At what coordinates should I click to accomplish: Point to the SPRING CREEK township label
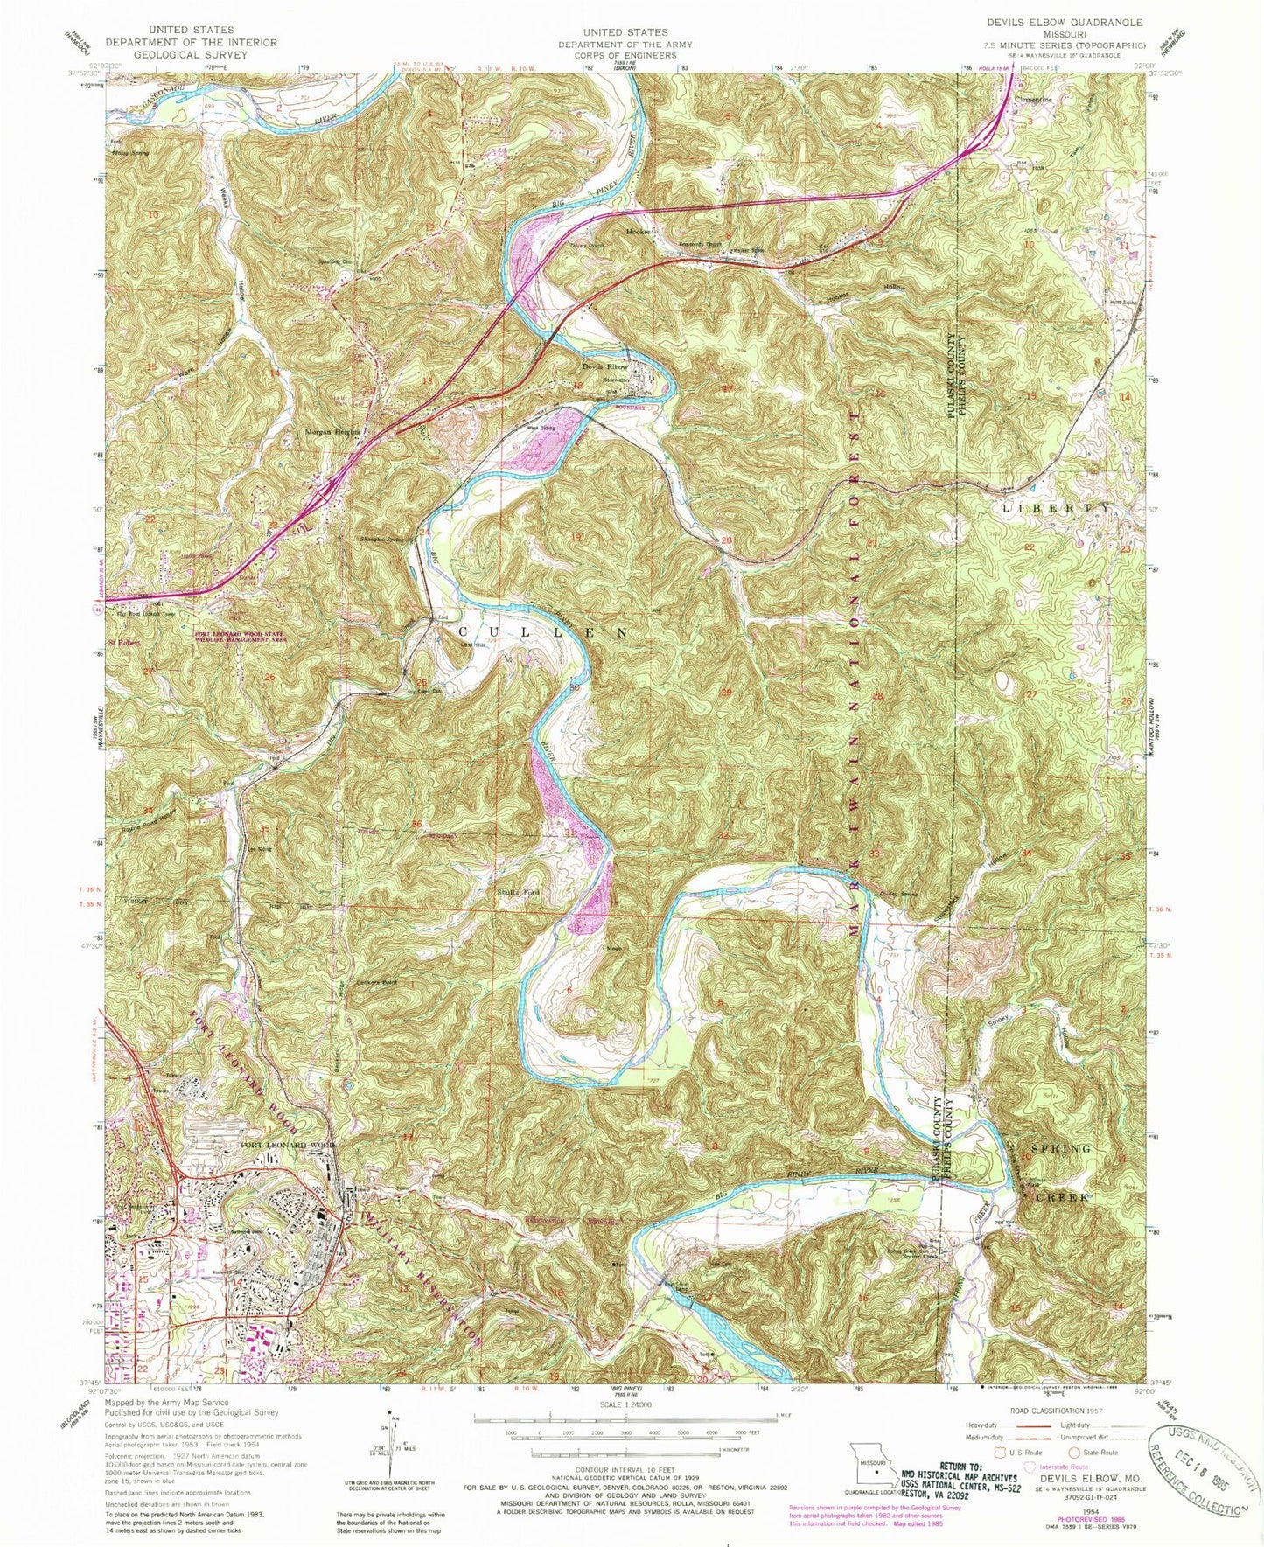pyautogui.click(x=1061, y=1172)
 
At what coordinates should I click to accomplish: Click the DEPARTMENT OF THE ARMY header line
pyautogui.click(x=625, y=44)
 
